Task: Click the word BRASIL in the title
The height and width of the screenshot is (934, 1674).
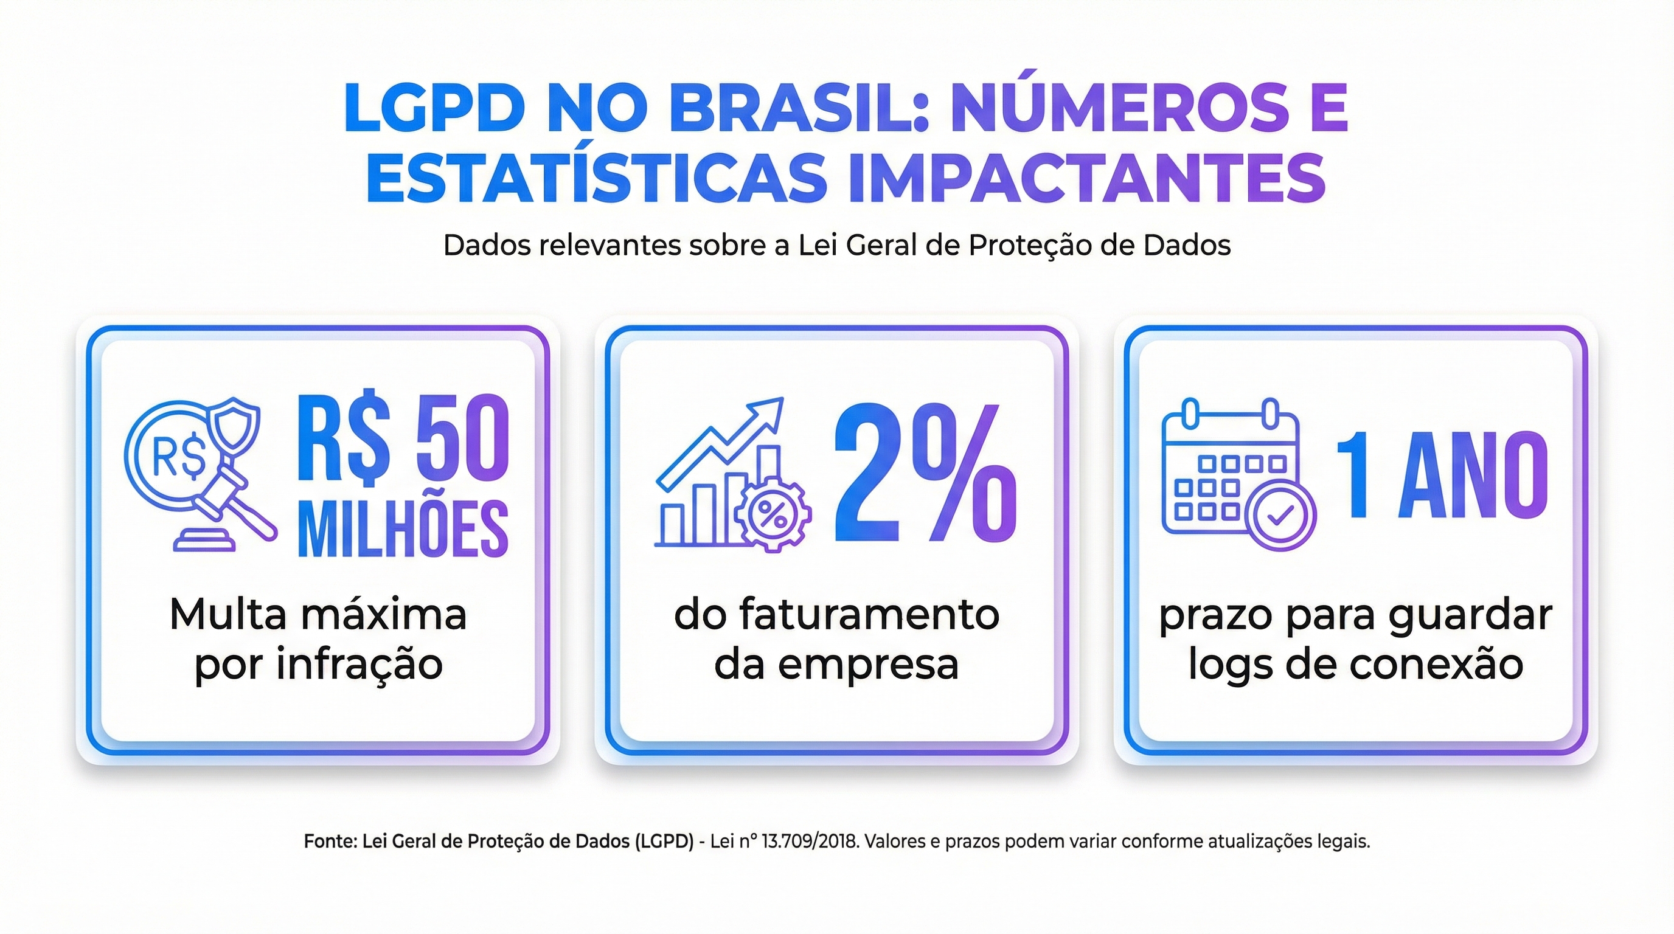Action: (x=787, y=108)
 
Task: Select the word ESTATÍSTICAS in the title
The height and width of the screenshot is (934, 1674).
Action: (x=596, y=178)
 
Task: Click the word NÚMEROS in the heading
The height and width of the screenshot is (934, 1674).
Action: (x=1119, y=108)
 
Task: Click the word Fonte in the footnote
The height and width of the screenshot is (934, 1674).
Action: (x=330, y=842)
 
